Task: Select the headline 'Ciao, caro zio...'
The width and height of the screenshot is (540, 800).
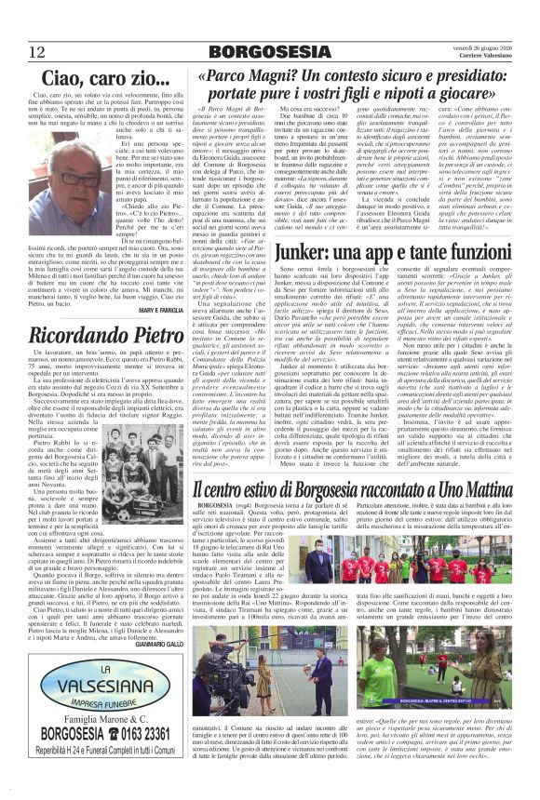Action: (94, 77)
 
